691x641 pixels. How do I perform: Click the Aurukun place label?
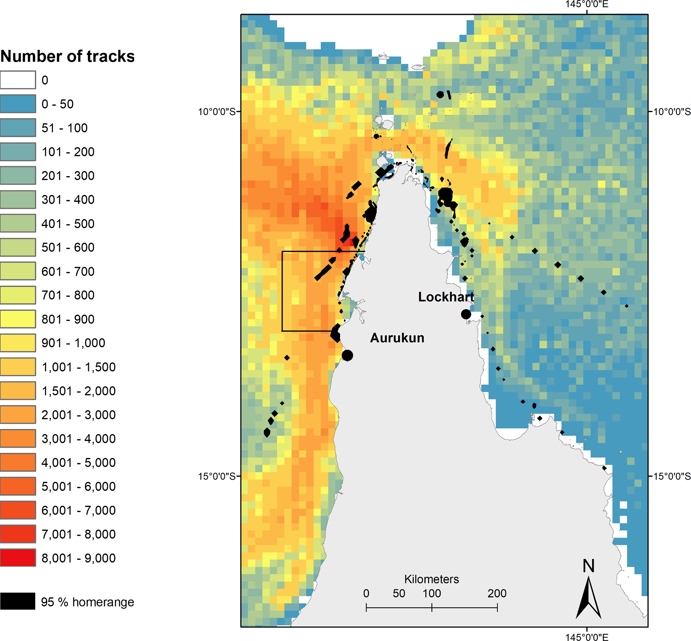[397, 338]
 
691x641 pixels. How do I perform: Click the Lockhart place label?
[446, 297]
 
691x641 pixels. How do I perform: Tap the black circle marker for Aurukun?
[347, 355]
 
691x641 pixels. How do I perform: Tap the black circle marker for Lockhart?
[466, 314]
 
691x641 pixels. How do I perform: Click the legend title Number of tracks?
[67, 56]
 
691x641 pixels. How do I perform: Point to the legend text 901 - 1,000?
[73, 343]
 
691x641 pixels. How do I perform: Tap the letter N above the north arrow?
[588, 566]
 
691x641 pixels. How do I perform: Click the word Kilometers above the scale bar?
[431, 579]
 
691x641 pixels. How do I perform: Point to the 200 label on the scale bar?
[497, 593]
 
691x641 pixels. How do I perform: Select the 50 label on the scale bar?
[399, 593]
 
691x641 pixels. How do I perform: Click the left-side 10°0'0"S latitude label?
[216, 112]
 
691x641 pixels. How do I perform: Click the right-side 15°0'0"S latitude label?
[672, 476]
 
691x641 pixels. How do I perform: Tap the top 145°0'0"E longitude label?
[587, 4]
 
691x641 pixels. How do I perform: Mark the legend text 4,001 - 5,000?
[79, 462]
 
